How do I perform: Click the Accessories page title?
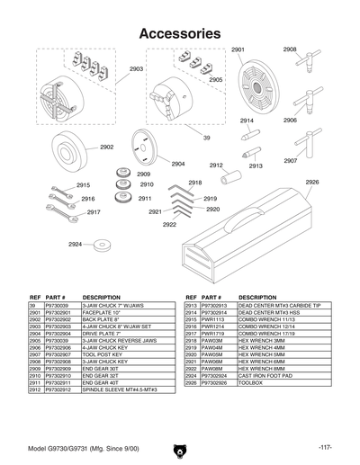[x=180, y=33]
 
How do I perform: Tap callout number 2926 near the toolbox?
[x=311, y=182]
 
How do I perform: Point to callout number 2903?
[x=136, y=69]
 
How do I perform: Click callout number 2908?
[x=290, y=49]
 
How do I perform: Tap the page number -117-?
[x=325, y=447]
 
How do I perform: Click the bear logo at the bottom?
[x=180, y=447]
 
